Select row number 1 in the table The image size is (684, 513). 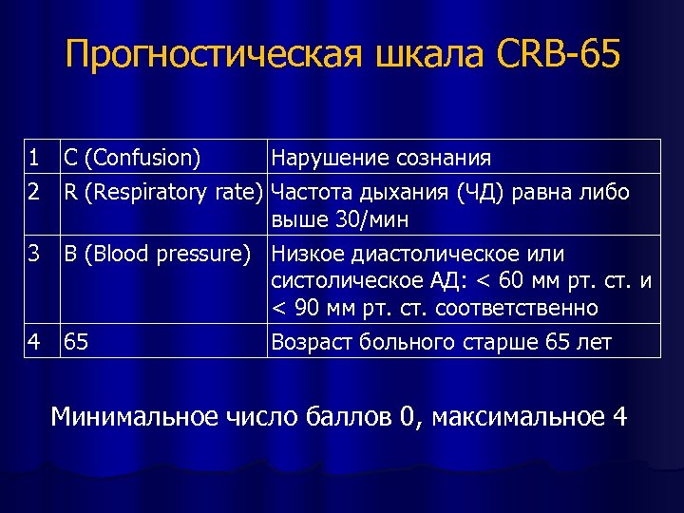(x=34, y=157)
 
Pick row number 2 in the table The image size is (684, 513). (x=34, y=191)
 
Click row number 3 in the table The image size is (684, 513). (x=34, y=254)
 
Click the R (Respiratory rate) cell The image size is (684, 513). (x=162, y=191)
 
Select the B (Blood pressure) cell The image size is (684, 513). (x=157, y=254)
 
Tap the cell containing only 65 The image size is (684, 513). (x=74, y=341)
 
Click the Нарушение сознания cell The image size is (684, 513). (x=381, y=157)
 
